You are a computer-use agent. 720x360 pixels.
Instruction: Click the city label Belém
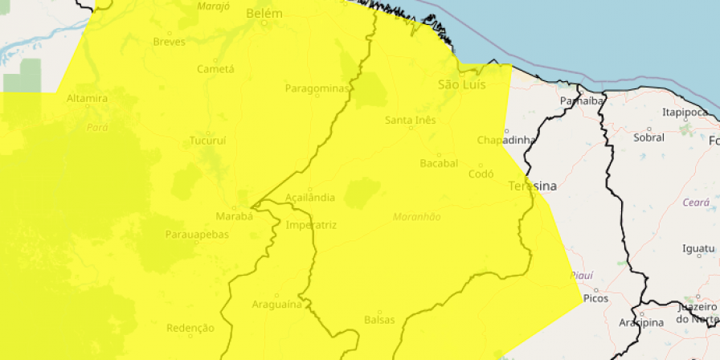(264, 14)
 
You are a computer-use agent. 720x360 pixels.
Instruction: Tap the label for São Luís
(462, 84)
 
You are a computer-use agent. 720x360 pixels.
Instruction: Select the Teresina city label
(532, 186)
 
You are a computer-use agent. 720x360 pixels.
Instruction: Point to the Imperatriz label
(311, 225)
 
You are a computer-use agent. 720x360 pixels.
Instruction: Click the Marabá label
(235, 216)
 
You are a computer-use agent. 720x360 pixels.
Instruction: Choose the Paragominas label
(317, 88)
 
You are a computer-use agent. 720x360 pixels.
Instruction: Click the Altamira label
(88, 99)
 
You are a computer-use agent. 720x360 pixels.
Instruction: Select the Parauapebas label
(197, 235)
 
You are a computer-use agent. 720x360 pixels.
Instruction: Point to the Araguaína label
(276, 305)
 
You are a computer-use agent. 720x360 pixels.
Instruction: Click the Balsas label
(379, 319)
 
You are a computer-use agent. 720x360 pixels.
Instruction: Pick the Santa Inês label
(410, 121)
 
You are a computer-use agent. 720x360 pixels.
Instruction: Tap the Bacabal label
(439, 163)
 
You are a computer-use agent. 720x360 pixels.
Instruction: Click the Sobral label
(649, 137)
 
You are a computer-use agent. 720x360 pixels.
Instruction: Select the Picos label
(596, 298)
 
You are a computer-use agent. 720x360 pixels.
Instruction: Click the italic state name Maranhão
(417, 217)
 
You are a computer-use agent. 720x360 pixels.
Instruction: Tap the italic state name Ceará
(695, 203)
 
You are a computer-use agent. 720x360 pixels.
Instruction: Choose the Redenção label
(190, 328)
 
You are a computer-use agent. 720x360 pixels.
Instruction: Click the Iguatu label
(697, 248)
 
